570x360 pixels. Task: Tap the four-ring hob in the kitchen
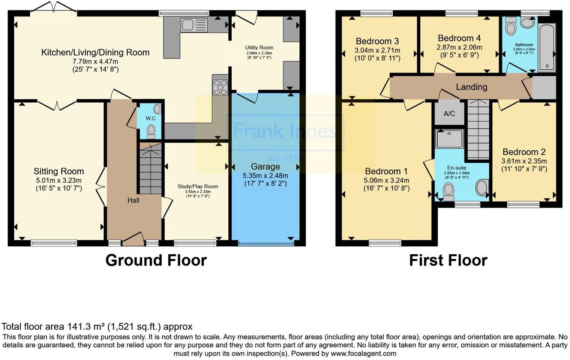(220, 87)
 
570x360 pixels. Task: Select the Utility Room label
(259, 48)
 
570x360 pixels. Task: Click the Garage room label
(265, 166)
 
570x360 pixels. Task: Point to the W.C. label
(151, 118)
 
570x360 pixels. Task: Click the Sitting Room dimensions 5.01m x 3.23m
(59, 180)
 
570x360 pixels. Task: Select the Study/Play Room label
(198, 186)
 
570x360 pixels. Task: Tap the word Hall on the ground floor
(133, 200)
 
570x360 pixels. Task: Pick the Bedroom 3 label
(377, 41)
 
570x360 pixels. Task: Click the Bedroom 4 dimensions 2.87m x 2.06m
(459, 48)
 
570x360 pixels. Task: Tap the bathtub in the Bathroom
(547, 48)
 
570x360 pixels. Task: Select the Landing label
(471, 87)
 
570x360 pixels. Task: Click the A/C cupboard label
(449, 114)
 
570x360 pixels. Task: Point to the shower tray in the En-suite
(450, 139)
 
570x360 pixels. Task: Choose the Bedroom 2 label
(524, 152)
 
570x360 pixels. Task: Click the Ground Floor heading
(156, 260)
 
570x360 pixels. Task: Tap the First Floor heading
(448, 260)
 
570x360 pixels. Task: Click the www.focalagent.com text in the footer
(363, 353)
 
